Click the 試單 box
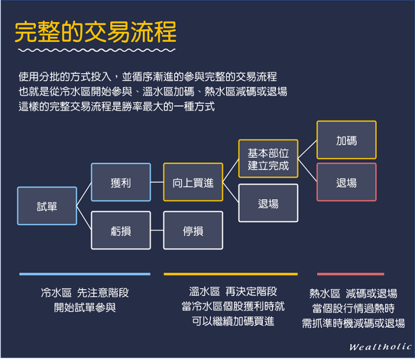(x=47, y=206)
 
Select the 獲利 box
(x=120, y=182)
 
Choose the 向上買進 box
(x=193, y=182)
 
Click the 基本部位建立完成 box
(x=268, y=158)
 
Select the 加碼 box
(x=346, y=140)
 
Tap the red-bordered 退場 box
(x=346, y=182)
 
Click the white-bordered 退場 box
(x=268, y=203)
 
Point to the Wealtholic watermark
(x=380, y=347)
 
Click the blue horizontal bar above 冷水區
(x=85, y=274)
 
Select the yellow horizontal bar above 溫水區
(x=231, y=274)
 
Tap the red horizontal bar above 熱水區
(x=350, y=274)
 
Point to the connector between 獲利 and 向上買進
(x=157, y=182)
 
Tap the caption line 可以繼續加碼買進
(x=233, y=321)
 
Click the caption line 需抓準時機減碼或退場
(x=353, y=323)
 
